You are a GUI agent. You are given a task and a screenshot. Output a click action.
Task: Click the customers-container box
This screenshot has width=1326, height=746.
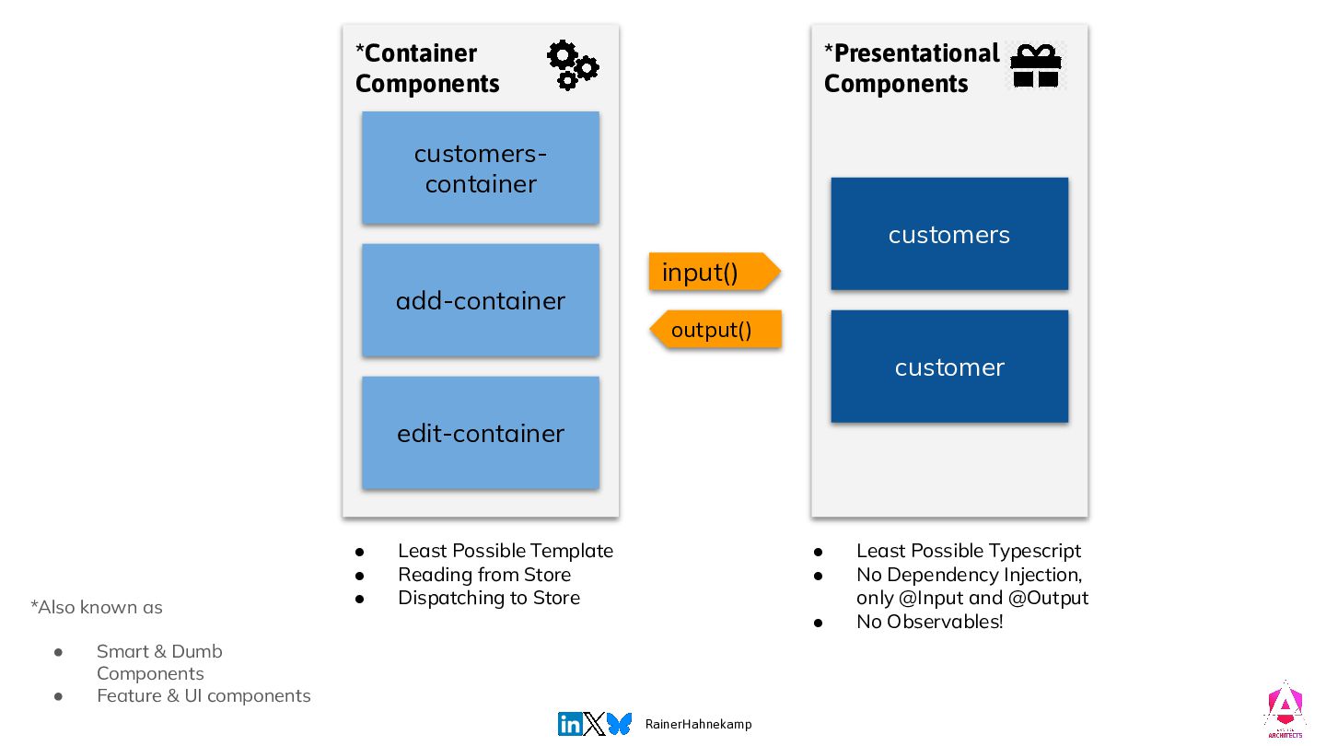[x=480, y=168]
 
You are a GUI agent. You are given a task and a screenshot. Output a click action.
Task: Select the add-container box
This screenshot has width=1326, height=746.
[x=480, y=300]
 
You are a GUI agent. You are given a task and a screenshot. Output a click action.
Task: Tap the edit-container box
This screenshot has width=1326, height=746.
[x=480, y=433]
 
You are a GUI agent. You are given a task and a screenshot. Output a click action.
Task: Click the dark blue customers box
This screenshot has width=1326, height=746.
[x=948, y=234]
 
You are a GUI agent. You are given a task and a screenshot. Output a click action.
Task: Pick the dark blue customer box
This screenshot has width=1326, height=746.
[x=948, y=367]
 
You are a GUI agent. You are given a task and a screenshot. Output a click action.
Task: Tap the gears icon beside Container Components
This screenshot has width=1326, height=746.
[x=572, y=64]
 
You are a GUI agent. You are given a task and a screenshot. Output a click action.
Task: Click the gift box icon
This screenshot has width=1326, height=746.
[x=1036, y=65]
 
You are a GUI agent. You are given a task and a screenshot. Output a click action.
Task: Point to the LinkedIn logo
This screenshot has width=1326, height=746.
[x=570, y=724]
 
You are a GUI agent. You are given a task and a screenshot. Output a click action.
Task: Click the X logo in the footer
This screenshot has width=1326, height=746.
[x=595, y=724]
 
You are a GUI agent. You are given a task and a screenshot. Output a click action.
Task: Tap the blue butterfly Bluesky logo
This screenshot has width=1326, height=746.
[x=620, y=724]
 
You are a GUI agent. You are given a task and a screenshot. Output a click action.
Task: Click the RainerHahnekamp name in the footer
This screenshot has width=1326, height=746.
[x=698, y=724]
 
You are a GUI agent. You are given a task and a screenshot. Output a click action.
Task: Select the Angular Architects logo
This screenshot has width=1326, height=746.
[x=1284, y=710]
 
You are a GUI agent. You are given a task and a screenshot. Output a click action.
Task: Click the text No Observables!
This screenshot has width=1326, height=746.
[x=929, y=622]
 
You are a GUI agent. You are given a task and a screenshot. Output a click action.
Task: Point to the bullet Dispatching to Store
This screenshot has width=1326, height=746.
[x=488, y=598]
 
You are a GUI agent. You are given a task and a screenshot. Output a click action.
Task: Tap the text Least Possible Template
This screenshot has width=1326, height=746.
[x=505, y=551]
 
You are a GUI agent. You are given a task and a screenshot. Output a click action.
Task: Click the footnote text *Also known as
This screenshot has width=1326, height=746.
[x=97, y=607]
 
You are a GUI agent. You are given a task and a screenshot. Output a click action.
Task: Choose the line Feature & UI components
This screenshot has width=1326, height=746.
[x=204, y=695]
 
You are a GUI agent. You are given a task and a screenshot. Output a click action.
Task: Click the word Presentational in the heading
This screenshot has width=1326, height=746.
[x=916, y=53]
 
